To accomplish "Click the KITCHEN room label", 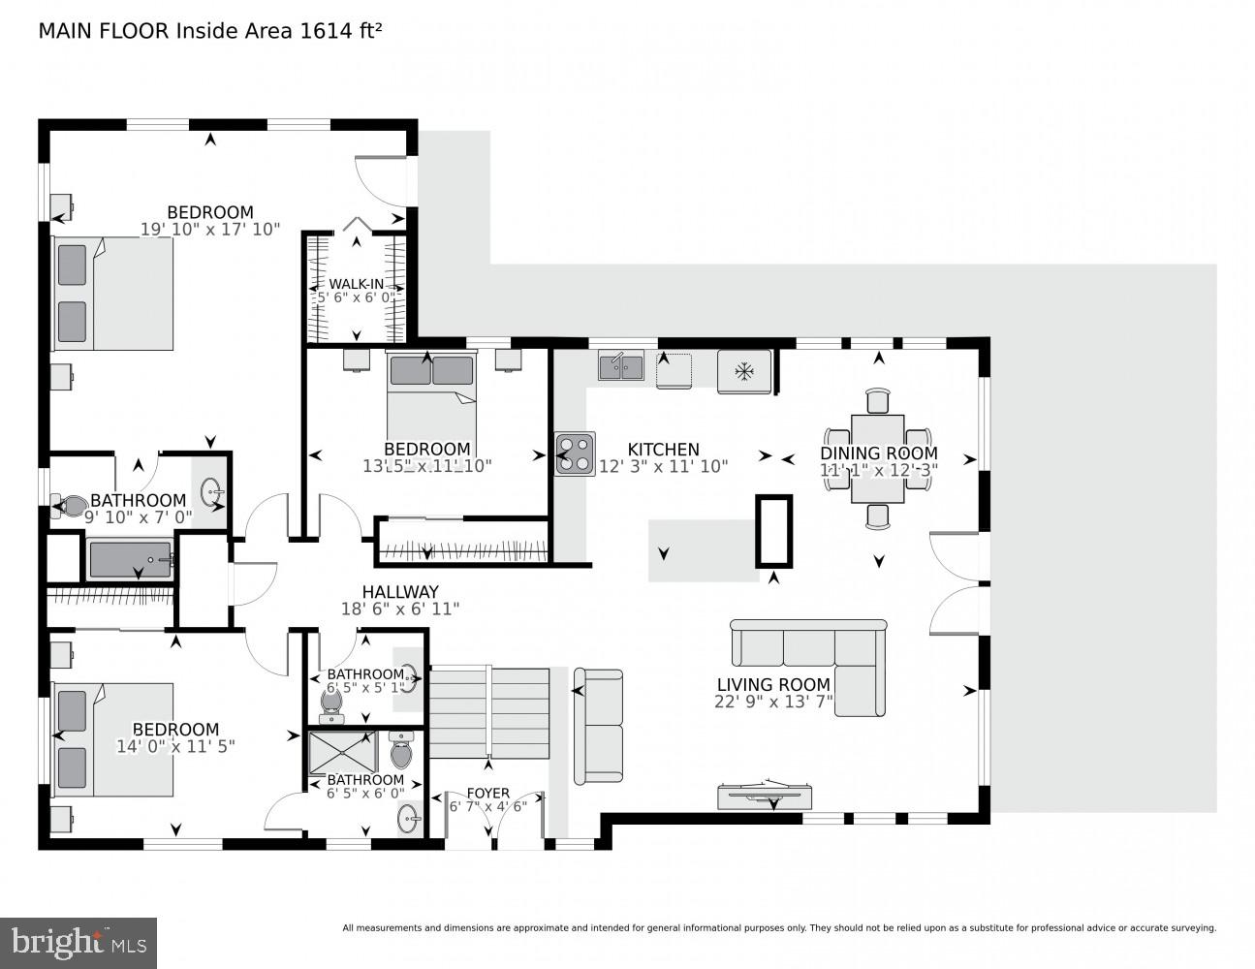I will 663,450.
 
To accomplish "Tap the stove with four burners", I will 575,453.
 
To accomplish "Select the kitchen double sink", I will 621,366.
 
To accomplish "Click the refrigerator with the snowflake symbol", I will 744,371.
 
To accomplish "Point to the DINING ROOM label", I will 878,453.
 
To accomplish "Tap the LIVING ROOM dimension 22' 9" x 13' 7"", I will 773,703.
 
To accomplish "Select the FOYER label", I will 487,793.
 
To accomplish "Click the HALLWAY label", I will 400,592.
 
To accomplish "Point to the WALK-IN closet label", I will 356,284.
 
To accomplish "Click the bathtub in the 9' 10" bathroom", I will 130,560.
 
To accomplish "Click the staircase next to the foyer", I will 488,712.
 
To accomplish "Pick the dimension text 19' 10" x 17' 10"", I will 210,230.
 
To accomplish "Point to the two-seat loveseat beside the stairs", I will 598,726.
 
